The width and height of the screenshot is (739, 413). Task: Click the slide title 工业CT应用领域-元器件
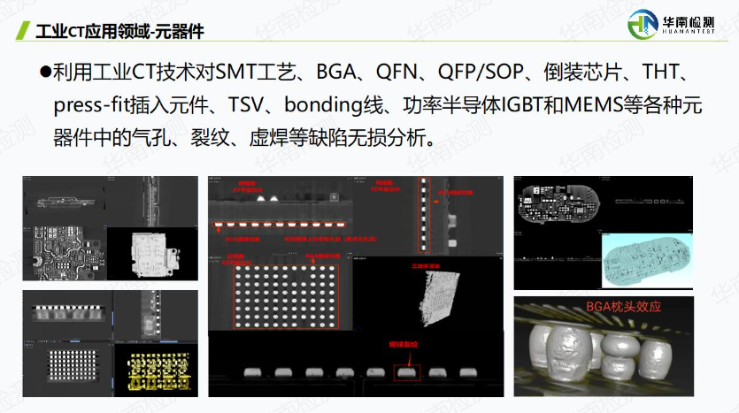click(120, 33)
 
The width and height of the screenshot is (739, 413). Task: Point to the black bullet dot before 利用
click(45, 73)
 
